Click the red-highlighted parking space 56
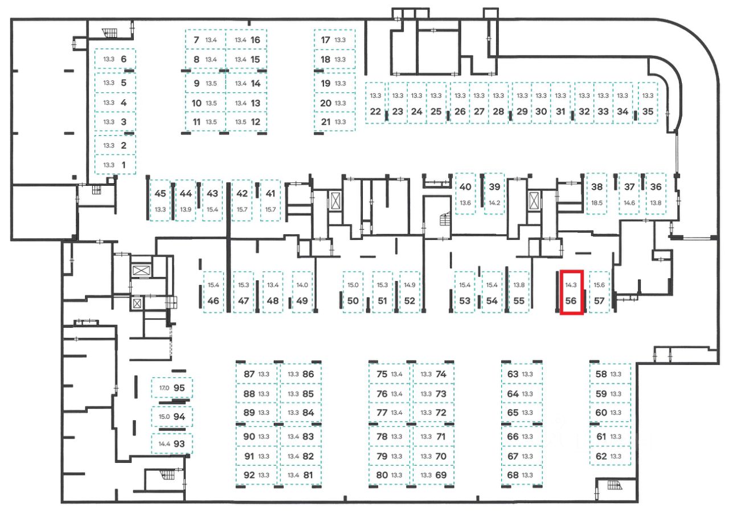coord(571,292)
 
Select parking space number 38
coord(597,187)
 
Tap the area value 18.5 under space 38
coord(597,203)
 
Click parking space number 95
coord(179,388)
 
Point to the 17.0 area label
coord(164,388)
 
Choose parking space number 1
coord(124,165)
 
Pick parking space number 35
coord(648,112)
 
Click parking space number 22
coord(375,112)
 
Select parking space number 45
coord(160,194)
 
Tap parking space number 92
coord(249,475)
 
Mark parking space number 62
coord(601,456)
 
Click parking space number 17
coord(326,40)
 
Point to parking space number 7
coord(196,40)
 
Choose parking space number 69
coord(440,475)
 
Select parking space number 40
coord(465,187)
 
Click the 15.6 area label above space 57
coord(599,285)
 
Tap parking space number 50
coord(353,301)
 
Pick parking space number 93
coord(179,443)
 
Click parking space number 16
coord(255,40)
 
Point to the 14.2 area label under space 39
coord(494,203)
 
